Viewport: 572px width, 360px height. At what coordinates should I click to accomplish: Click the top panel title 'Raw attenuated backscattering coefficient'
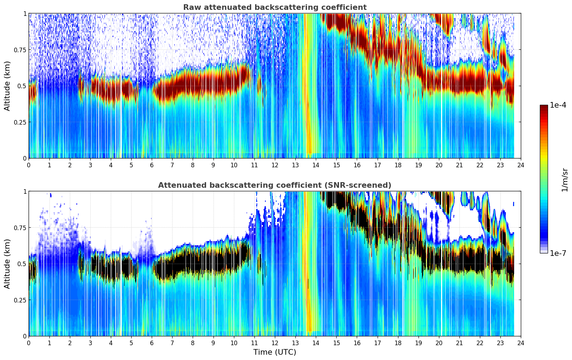coord(275,7)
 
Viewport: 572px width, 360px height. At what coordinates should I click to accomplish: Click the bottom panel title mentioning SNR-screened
coord(275,185)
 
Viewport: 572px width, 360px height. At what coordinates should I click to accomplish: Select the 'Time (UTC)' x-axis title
coord(275,352)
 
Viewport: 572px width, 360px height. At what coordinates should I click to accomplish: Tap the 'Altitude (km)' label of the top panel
coord(7,86)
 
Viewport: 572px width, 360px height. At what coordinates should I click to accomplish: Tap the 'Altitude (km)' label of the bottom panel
coord(7,264)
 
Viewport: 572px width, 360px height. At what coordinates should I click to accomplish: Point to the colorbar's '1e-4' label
coord(558,105)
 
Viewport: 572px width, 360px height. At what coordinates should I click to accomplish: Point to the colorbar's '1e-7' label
coord(558,253)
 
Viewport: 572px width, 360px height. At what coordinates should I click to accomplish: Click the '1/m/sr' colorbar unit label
coord(565,180)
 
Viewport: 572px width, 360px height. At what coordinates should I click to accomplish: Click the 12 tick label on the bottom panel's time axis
coord(275,343)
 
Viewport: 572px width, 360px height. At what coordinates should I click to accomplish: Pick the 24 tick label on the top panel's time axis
coord(521,165)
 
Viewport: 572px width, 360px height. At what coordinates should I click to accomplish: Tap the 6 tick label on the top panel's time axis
coord(152,165)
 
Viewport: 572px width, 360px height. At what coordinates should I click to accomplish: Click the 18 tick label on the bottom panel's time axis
coord(398,343)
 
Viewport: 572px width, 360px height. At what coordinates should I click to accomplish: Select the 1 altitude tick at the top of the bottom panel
coord(25,192)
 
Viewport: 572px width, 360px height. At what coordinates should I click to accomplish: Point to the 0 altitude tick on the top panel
coord(25,158)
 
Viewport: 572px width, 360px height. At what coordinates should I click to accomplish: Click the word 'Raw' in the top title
coord(191,7)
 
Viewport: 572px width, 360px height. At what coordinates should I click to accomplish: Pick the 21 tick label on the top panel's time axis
coord(459,165)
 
